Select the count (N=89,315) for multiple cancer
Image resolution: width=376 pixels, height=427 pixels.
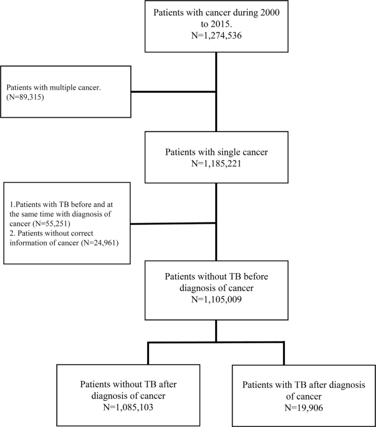tap(28, 98)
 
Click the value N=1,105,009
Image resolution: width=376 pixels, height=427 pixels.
tap(216, 299)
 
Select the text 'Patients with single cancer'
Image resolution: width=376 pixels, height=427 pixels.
tap(216, 152)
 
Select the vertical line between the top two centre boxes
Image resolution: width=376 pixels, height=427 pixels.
tap(216, 90)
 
